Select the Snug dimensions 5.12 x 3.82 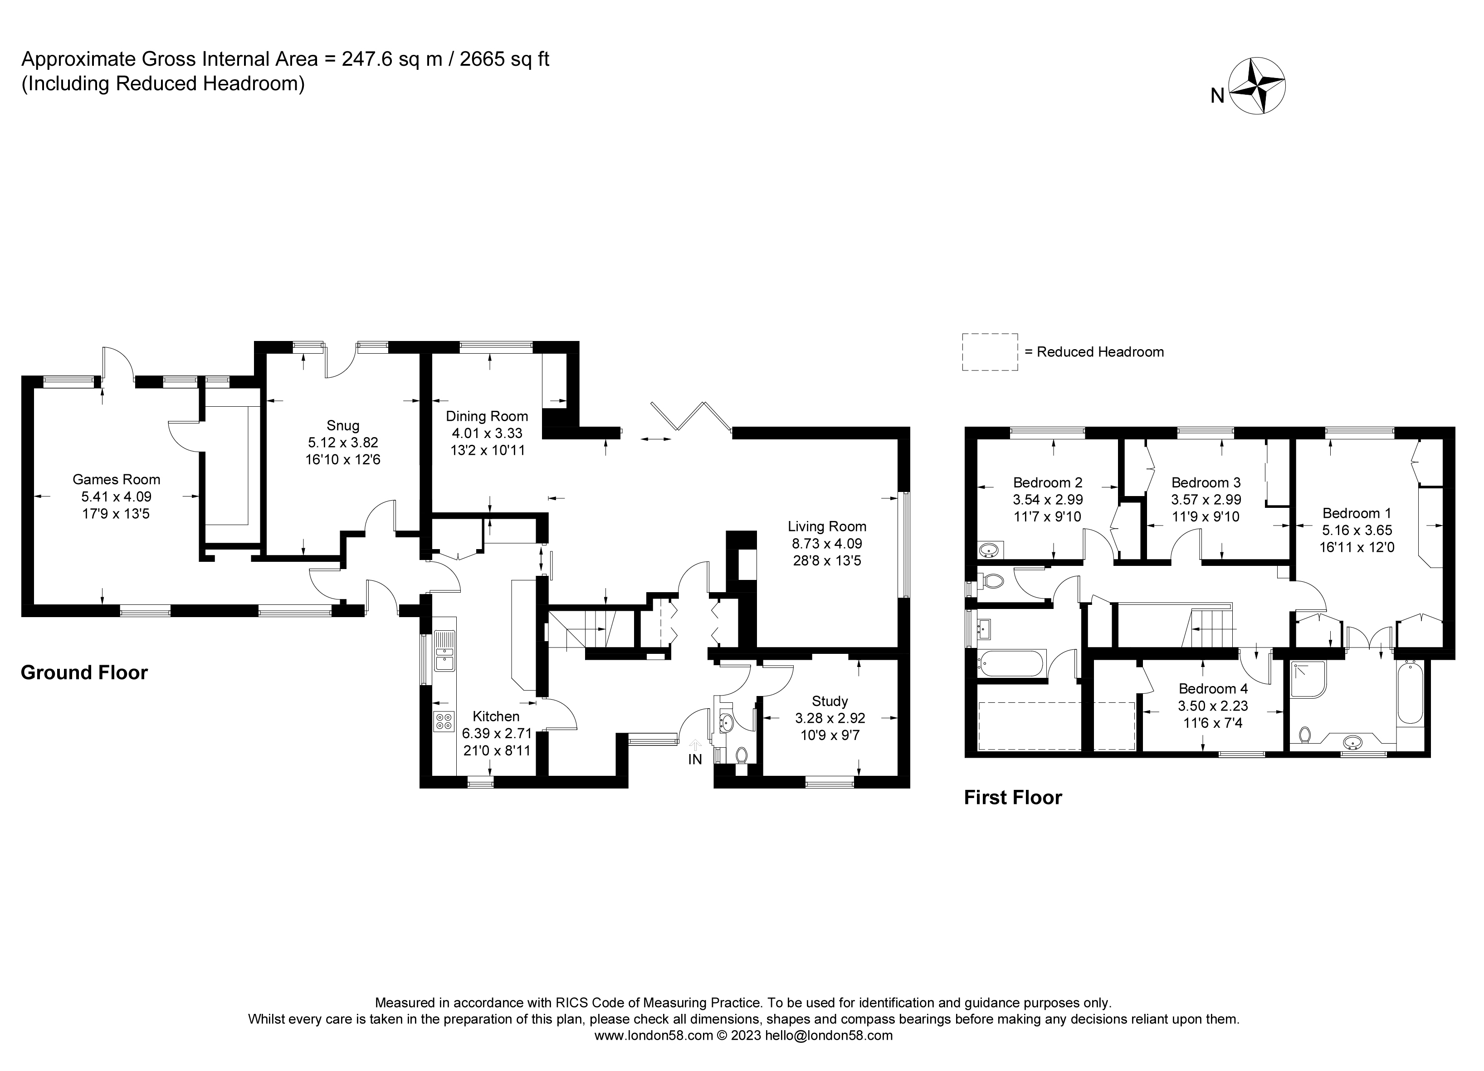343,443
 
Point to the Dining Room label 487,416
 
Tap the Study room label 830,701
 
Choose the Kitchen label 496,716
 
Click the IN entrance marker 695,759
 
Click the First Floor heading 1013,798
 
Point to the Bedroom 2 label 1048,483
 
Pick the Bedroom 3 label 1206,483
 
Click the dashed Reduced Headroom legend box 989,352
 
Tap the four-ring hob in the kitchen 444,721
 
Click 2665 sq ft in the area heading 504,59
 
